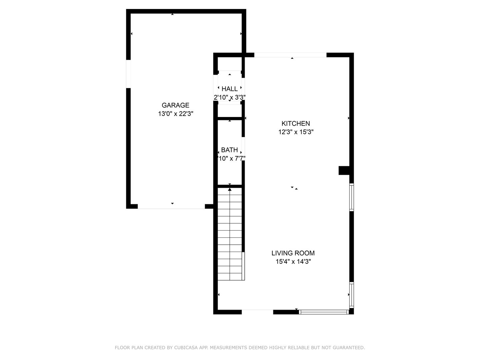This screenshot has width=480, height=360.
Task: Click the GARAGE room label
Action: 175,105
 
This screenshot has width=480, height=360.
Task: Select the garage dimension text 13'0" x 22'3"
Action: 175,114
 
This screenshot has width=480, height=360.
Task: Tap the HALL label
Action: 230,89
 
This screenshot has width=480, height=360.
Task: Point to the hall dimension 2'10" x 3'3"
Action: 230,97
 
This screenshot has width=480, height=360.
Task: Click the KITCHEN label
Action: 296,124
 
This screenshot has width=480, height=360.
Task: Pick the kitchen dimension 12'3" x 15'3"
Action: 296,132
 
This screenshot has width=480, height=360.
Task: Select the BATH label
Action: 230,150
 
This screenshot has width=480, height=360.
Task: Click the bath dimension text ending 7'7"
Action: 231,159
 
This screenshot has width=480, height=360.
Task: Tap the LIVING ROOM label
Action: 293,253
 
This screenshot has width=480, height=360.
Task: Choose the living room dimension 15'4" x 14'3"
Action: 293,262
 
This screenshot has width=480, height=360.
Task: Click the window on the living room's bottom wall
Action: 324,312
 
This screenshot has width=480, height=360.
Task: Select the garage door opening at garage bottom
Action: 171,207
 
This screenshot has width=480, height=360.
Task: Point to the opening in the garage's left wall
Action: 128,74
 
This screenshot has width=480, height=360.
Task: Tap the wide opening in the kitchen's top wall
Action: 290,55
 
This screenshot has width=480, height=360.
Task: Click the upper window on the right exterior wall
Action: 351,197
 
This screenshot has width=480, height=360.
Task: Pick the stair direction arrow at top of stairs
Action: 230,189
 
